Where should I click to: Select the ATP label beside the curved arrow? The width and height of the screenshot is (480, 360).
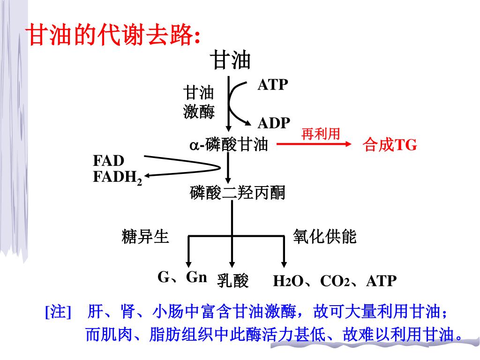coord(273,85)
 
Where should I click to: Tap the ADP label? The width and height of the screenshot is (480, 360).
coord(274,123)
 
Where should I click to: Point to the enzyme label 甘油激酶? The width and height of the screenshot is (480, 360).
coord(199,102)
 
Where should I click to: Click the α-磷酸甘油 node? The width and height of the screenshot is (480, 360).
coord(228,145)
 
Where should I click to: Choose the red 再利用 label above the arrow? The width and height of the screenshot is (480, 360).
coord(321,135)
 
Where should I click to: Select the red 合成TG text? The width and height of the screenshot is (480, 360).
coord(390,145)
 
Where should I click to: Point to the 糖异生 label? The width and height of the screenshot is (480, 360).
coord(145,237)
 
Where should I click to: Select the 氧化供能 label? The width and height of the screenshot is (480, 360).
coord(325,237)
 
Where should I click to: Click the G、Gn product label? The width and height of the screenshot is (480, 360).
coord(182,277)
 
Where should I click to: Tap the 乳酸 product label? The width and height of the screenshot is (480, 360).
coord(232,280)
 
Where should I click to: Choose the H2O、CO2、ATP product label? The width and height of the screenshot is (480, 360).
coord(335,281)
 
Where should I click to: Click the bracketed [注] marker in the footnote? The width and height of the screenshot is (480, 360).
coord(58,312)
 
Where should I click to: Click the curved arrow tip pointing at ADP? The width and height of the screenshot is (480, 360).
coord(250,123)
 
